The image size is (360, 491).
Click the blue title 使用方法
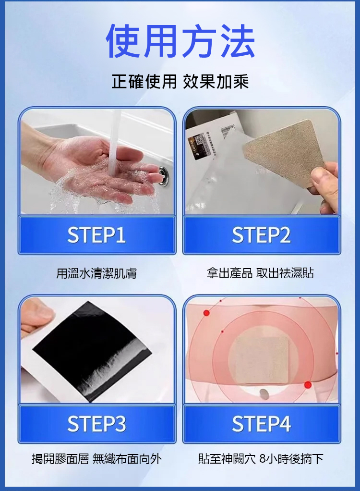[x=180, y=41]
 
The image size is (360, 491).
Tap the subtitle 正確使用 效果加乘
[x=180, y=82]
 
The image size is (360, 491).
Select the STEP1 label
[x=96, y=235]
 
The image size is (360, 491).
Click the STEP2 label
[x=262, y=235]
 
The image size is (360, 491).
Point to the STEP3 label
[x=96, y=424]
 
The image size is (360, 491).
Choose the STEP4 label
[x=262, y=424]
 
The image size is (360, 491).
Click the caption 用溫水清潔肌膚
[x=96, y=273]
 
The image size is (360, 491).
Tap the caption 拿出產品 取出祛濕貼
[x=260, y=273]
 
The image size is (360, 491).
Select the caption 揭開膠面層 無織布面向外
[x=96, y=459]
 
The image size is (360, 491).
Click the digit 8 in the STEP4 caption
[x=263, y=459]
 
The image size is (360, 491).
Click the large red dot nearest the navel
[x=308, y=385]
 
